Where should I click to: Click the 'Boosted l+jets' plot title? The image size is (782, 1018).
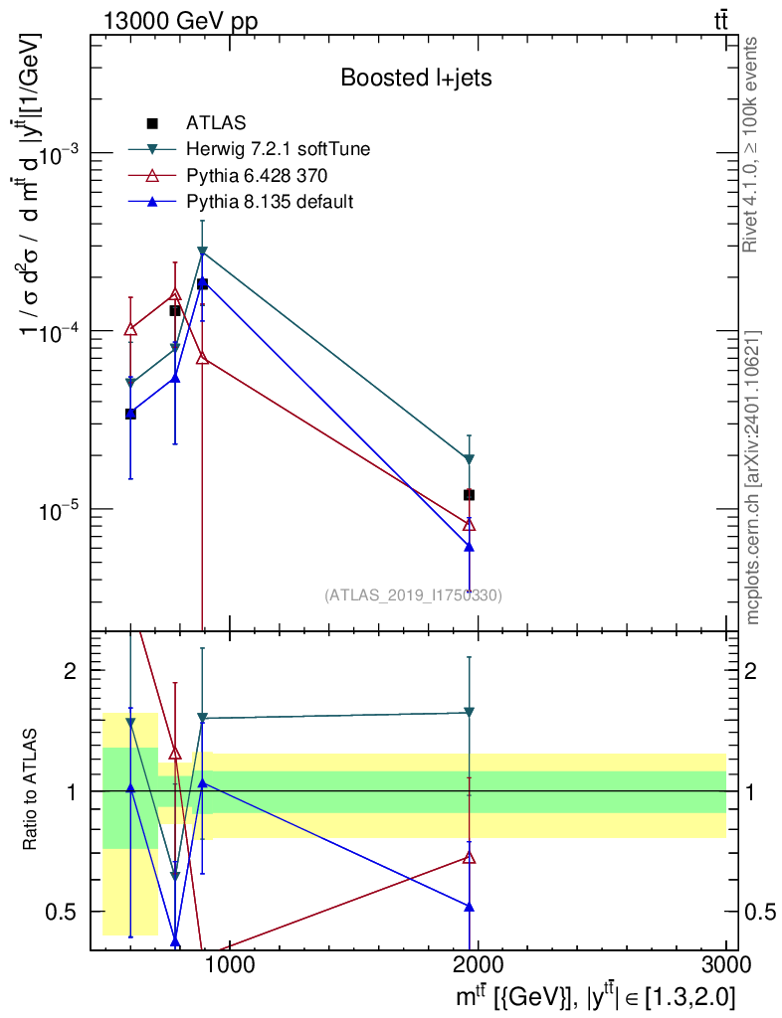pos(416,78)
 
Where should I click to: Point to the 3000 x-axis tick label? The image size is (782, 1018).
pos(726,964)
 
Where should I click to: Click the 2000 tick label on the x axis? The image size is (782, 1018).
pos(477,964)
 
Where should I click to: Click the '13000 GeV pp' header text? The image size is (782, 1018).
pos(180,22)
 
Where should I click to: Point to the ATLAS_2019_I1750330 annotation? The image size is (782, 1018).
pos(413,594)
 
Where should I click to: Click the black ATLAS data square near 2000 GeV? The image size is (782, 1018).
pos(469,495)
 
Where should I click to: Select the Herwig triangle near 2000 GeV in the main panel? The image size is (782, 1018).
pos(469,459)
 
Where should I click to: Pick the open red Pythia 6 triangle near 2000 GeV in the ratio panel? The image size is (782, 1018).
pos(469,857)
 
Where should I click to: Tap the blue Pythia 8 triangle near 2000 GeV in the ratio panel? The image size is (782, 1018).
pos(469,907)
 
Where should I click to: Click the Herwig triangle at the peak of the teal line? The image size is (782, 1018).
pos(202,252)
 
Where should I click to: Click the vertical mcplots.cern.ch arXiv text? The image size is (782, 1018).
pos(751,478)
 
